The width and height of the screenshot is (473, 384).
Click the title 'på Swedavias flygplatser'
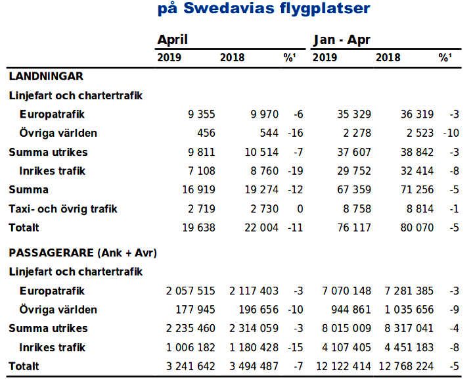pos(263,9)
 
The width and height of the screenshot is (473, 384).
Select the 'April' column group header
pos(172,39)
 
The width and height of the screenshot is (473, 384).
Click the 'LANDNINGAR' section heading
pos(45,76)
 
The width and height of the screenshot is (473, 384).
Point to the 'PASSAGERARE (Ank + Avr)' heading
pos(82,252)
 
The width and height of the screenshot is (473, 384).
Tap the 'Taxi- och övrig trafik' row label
pos(63,210)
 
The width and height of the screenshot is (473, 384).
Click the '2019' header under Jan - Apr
pos(325,58)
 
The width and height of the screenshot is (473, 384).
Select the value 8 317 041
pos(408,328)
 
